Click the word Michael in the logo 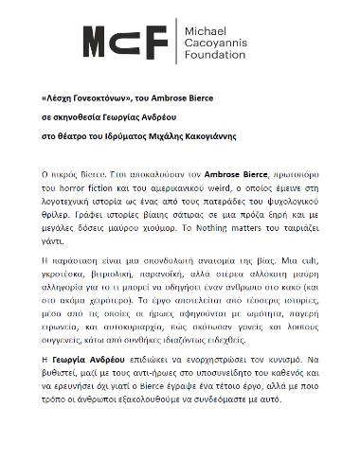(204, 32)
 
